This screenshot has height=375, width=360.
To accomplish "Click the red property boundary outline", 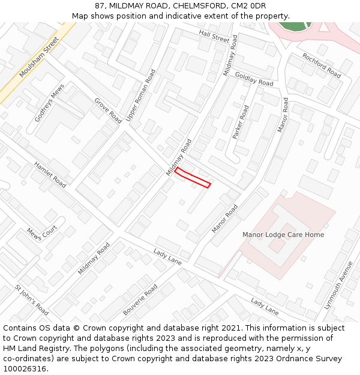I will (193, 178).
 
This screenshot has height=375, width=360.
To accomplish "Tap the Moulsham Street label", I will (39, 57).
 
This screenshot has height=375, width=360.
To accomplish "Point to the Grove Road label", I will (108, 110).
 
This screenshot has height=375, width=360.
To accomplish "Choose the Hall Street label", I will (214, 37).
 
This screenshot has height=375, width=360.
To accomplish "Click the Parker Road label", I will (241, 122).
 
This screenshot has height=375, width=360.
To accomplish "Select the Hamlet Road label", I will (50, 175).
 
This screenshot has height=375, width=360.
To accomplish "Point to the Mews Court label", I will (41, 233).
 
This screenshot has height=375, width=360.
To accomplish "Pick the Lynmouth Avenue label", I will (339, 285).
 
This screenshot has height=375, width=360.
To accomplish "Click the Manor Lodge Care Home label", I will (283, 235).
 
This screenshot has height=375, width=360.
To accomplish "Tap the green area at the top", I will (294, 26).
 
